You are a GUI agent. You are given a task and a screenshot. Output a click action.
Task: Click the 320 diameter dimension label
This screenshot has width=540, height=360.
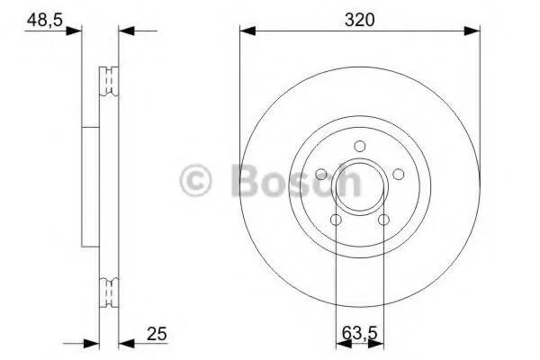point(359,20)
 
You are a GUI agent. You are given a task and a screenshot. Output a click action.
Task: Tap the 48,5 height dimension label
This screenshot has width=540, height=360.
point(45,20)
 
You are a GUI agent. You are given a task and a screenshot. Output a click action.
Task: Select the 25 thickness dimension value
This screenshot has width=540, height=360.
point(157,334)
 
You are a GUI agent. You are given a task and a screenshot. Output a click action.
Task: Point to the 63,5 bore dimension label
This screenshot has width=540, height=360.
point(360,333)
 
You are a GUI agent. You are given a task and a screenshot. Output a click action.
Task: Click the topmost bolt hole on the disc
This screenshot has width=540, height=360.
point(359,146)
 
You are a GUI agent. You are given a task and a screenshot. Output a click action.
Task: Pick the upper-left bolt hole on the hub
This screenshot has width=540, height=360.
point(321,174)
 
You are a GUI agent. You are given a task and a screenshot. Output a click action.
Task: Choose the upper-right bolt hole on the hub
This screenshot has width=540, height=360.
point(399,174)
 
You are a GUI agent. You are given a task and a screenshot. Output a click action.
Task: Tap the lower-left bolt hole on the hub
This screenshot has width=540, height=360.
point(336,220)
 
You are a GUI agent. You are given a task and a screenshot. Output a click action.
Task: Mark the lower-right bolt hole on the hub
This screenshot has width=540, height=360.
point(383,220)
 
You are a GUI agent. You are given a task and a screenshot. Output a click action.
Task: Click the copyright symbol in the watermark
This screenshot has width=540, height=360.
point(195,180)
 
